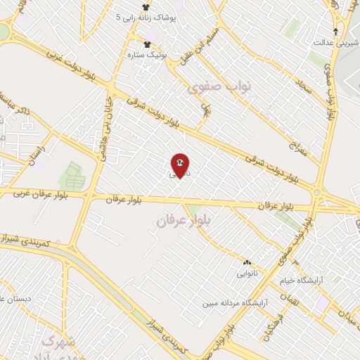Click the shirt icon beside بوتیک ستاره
tap(146, 44)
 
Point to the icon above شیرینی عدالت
tap(335, 31)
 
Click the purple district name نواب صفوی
tap(214, 89)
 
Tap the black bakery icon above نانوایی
tap(246, 262)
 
